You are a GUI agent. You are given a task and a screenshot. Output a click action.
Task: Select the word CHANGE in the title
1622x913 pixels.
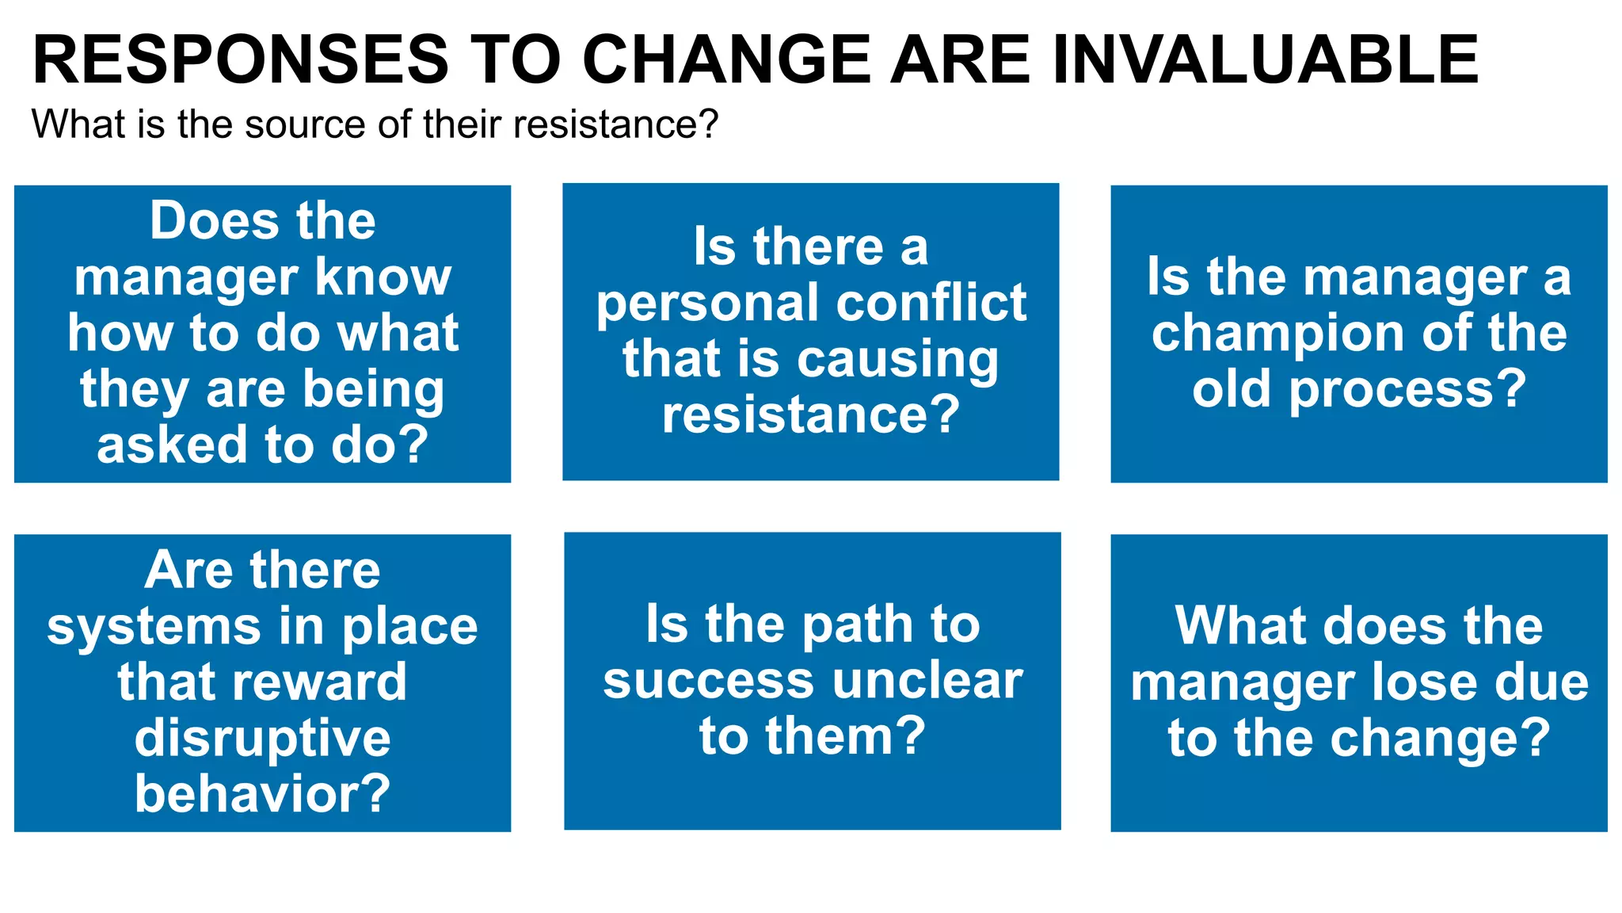[726, 59]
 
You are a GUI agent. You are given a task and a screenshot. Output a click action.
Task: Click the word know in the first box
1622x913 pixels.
[383, 277]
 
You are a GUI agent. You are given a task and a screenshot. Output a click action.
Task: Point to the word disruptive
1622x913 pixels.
[262, 739]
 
